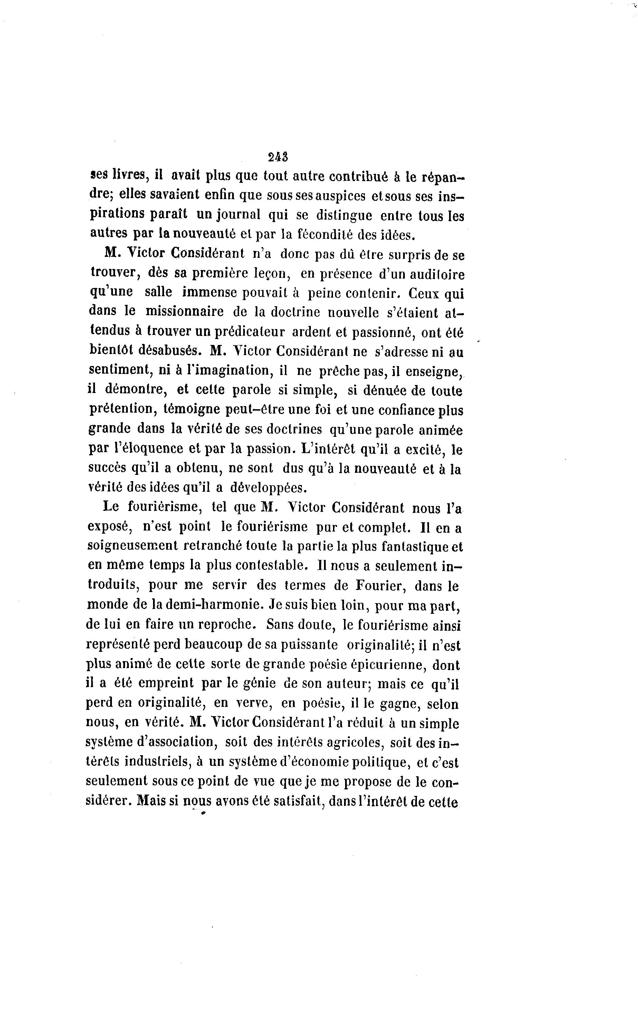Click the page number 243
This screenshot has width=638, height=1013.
(277, 157)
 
